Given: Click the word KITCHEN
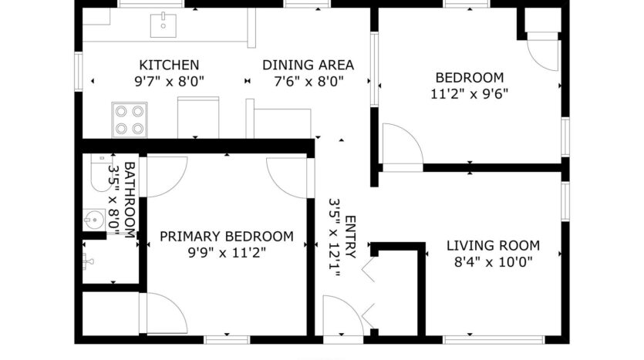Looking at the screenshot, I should click(168, 65).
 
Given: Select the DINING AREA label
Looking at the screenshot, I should click(308, 65).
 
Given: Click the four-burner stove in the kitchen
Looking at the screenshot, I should click(130, 119).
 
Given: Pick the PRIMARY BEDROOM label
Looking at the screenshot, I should click(226, 236).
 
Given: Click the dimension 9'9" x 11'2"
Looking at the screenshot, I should click(226, 252).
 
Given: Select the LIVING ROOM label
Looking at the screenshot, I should click(493, 246).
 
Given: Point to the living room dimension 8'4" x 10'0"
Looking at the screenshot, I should click(493, 262).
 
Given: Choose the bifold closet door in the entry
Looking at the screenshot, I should click(368, 293).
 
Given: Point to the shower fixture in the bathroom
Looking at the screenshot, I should click(87, 261).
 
